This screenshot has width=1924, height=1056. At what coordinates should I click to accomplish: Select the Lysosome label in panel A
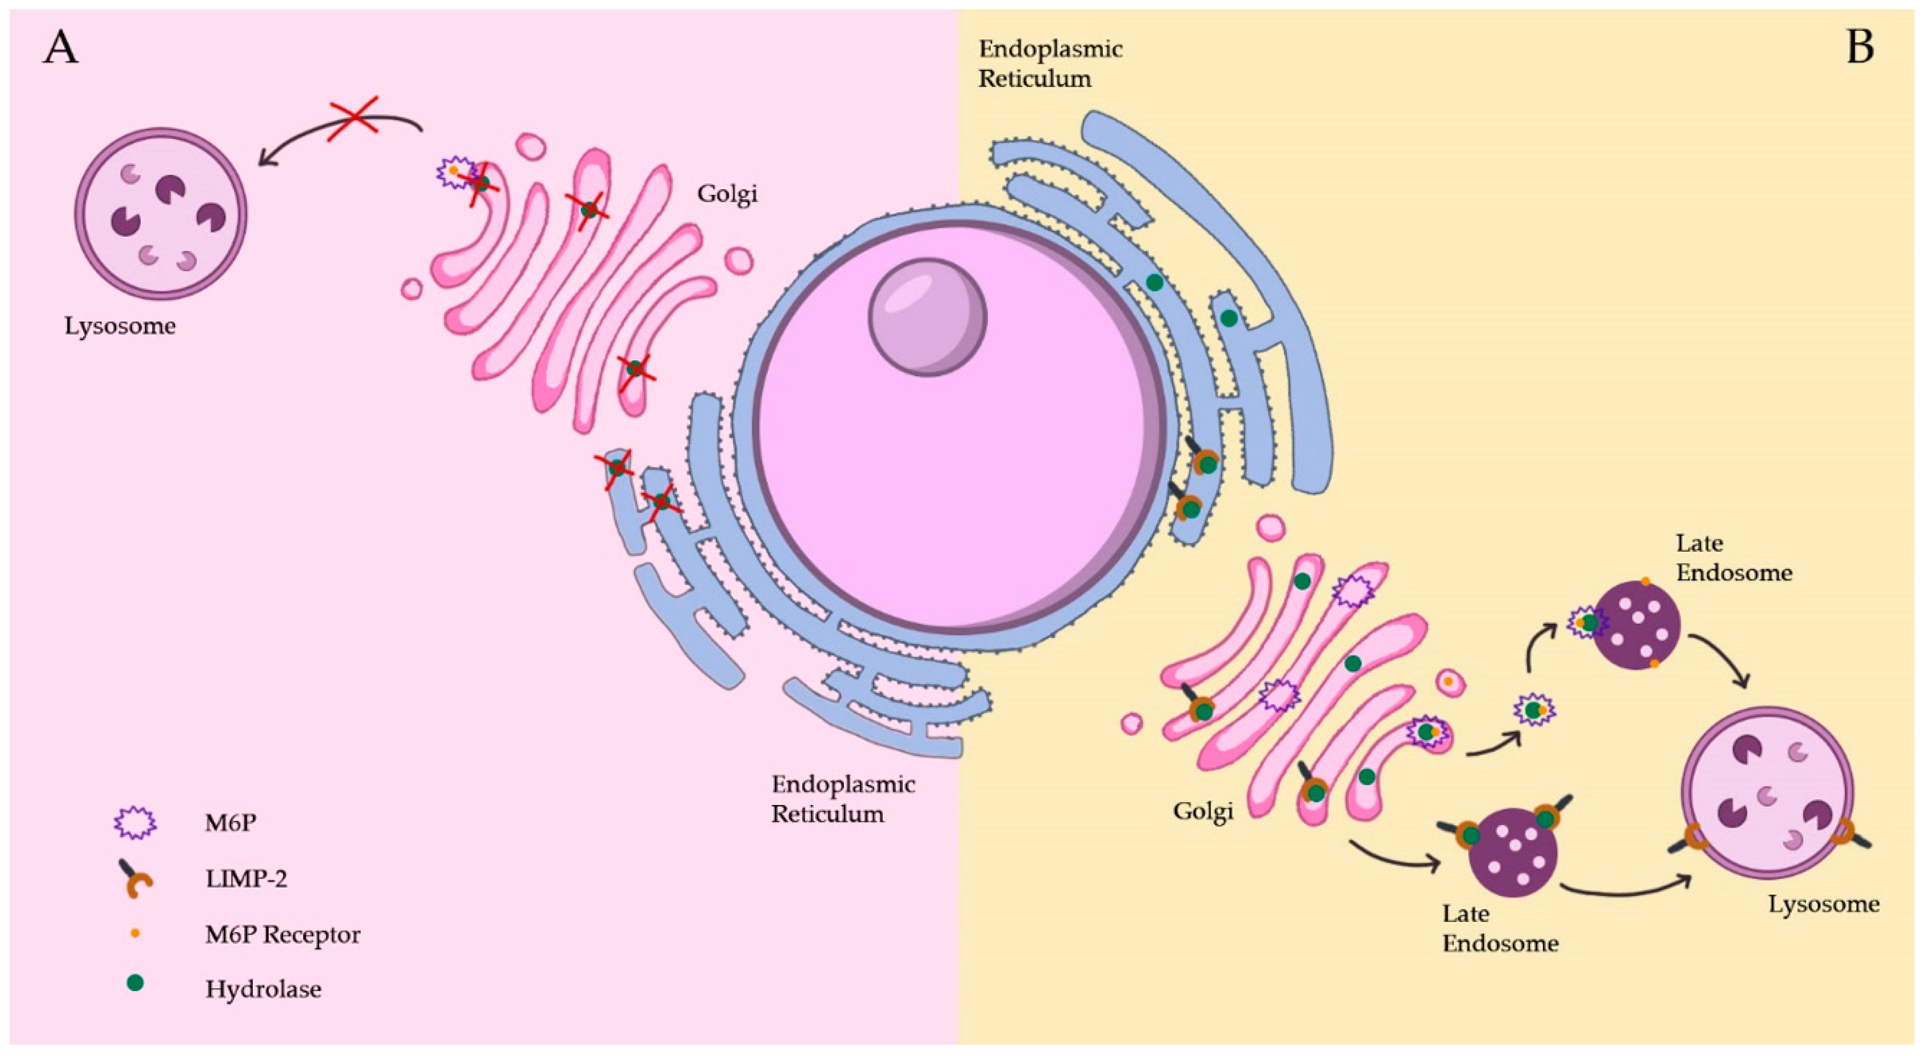click(x=120, y=326)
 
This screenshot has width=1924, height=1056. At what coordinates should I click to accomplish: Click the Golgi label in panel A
click(x=727, y=194)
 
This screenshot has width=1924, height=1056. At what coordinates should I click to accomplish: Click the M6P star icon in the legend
click(x=134, y=823)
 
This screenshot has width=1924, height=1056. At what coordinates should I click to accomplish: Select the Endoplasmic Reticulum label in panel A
click(x=843, y=798)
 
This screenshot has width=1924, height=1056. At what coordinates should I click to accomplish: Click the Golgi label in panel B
click(x=1203, y=810)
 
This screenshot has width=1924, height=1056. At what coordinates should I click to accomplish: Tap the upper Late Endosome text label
click(x=1733, y=558)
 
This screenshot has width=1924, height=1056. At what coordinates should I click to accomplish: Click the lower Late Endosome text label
click(x=1500, y=928)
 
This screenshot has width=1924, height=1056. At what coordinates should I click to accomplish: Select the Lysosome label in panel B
click(x=1823, y=904)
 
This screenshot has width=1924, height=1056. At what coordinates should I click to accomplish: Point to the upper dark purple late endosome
click(x=1637, y=626)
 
